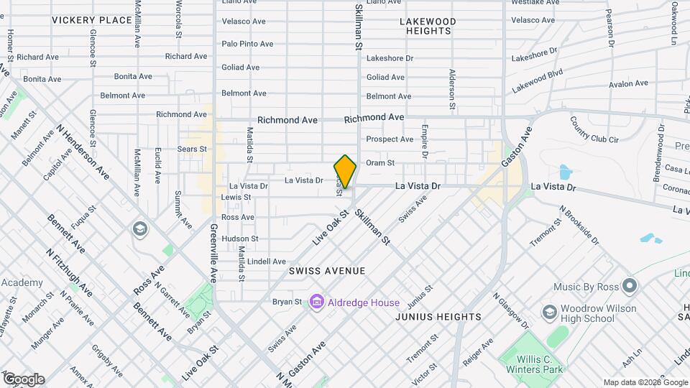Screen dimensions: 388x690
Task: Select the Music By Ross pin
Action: tap(630, 287)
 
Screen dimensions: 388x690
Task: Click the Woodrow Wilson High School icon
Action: tap(550, 313)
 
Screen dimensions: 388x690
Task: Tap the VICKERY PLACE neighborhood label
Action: tap(92, 20)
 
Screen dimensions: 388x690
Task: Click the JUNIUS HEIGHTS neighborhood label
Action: tap(438, 317)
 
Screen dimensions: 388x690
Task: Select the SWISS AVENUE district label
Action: tap(327, 271)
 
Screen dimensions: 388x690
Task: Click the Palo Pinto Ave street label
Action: tap(247, 44)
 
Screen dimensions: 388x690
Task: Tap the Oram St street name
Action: tap(380, 163)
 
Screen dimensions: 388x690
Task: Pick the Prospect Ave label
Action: tap(390, 139)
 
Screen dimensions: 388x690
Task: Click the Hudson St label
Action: tap(239, 239)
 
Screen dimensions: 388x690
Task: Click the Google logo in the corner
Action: tap(24, 379)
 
